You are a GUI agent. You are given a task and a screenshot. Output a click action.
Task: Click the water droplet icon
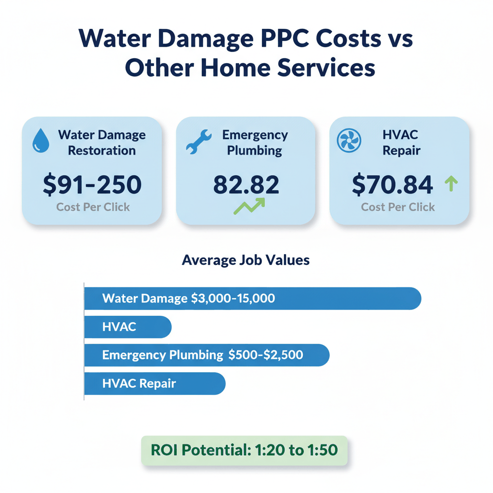[x=40, y=142]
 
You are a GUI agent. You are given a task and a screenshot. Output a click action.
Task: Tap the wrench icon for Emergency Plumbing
[x=198, y=142]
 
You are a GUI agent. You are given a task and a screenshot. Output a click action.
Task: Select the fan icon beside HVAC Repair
[x=349, y=142]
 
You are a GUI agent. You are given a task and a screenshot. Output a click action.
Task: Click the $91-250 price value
[x=92, y=185]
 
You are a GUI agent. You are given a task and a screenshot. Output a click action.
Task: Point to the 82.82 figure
[x=246, y=185]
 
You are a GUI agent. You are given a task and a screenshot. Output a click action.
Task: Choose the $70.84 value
[x=392, y=185]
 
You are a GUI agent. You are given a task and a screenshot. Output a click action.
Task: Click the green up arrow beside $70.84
[x=452, y=183]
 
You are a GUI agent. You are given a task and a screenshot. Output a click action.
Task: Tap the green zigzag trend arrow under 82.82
[x=249, y=206]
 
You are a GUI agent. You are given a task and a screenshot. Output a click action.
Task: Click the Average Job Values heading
[x=246, y=260]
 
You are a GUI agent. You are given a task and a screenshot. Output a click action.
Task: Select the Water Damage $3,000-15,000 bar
[x=252, y=298]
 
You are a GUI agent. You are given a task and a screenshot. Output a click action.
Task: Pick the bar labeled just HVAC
[x=128, y=327]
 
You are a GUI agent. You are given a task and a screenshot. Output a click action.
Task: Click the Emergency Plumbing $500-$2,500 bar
[x=207, y=355]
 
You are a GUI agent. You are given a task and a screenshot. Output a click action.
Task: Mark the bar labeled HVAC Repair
[x=155, y=384]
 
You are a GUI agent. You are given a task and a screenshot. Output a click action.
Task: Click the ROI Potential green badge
[x=244, y=451]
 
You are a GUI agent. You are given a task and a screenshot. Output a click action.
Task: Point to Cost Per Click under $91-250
[x=93, y=208]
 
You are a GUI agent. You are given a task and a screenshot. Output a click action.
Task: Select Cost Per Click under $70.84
[x=398, y=207]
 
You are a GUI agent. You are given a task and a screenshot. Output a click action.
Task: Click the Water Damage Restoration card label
[x=101, y=142]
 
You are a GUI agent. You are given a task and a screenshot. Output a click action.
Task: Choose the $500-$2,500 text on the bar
[x=266, y=355]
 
